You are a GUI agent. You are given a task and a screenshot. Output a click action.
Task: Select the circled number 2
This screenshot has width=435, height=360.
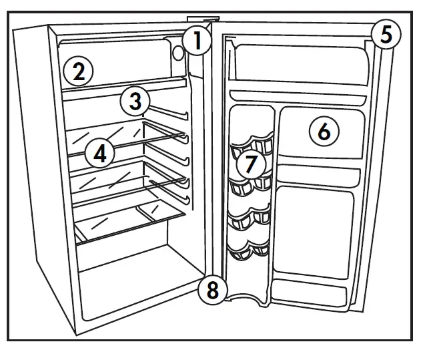pyautogui.click(x=78, y=71)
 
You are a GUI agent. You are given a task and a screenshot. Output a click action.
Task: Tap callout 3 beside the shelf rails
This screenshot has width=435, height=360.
pyautogui.click(x=135, y=102)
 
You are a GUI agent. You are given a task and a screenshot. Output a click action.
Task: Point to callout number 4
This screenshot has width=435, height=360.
pyautogui.click(x=99, y=154)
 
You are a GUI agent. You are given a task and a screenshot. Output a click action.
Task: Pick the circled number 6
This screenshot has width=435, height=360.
pyautogui.click(x=324, y=132)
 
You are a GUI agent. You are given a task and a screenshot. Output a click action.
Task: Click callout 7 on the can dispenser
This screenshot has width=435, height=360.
pyautogui.click(x=251, y=163)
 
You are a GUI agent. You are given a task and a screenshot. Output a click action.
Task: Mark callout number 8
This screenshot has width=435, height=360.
pyautogui.click(x=212, y=290)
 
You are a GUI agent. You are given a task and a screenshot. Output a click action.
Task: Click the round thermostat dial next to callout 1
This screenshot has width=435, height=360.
pyautogui.click(x=178, y=52)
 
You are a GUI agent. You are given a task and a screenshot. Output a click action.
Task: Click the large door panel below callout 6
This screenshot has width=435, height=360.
pyautogui.click(x=314, y=230)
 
